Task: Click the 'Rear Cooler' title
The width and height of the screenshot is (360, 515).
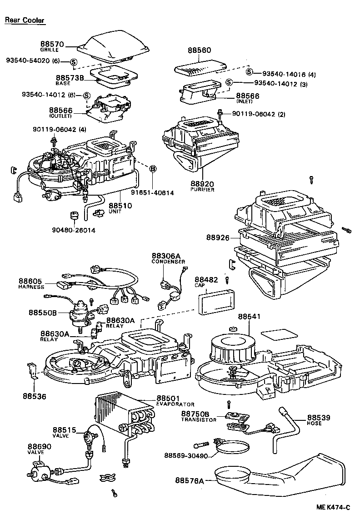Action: click(25, 20)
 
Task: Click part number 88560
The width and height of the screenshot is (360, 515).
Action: click(199, 52)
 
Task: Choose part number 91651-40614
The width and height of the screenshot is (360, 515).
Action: click(153, 193)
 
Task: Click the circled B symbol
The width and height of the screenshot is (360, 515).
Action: click(153, 169)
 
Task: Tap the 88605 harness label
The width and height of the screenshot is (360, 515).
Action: click(31, 282)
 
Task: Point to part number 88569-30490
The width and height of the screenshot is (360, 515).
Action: click(187, 455)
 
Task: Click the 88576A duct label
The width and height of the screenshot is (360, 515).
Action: click(190, 480)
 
